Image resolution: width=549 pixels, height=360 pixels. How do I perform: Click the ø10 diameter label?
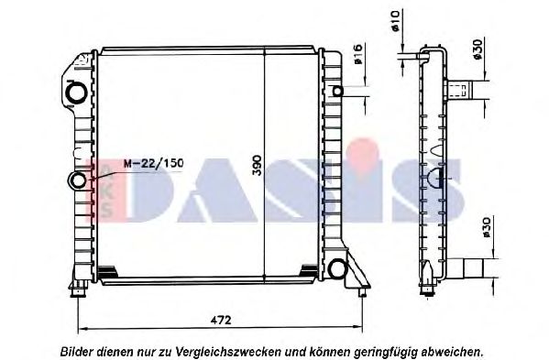(x=395, y=20)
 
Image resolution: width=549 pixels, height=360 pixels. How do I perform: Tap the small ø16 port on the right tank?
(x=338, y=92)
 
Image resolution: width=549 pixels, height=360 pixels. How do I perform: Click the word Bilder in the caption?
(x=78, y=350)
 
